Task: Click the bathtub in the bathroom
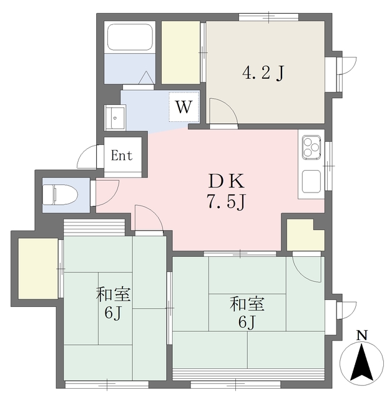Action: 130,37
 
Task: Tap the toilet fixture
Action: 60,194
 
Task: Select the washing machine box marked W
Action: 184,106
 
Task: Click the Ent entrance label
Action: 122,155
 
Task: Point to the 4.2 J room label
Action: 263,73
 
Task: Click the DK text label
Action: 227,181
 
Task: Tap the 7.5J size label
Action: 227,201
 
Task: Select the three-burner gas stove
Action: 311,147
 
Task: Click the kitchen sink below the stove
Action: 311,181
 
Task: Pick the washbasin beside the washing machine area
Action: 115,118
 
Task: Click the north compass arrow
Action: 361,361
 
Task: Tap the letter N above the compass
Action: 361,336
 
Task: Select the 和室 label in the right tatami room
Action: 247,304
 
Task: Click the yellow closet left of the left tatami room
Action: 38,268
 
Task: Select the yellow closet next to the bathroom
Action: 180,52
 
